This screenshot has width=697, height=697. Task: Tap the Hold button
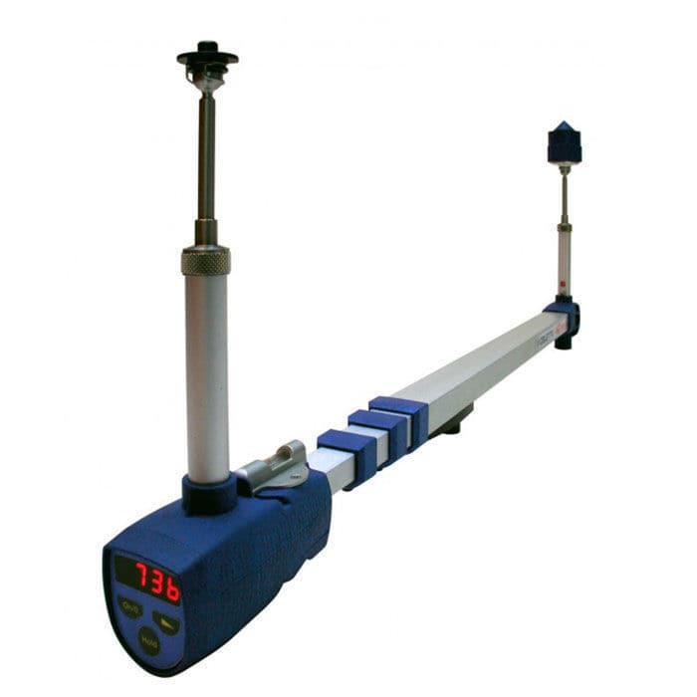149,642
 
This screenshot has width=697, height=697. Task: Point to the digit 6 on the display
172,588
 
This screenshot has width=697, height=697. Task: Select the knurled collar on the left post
206,261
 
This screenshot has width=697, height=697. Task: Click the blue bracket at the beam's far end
566,319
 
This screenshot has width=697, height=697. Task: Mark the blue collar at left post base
209,492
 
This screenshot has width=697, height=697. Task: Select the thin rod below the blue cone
564,194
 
